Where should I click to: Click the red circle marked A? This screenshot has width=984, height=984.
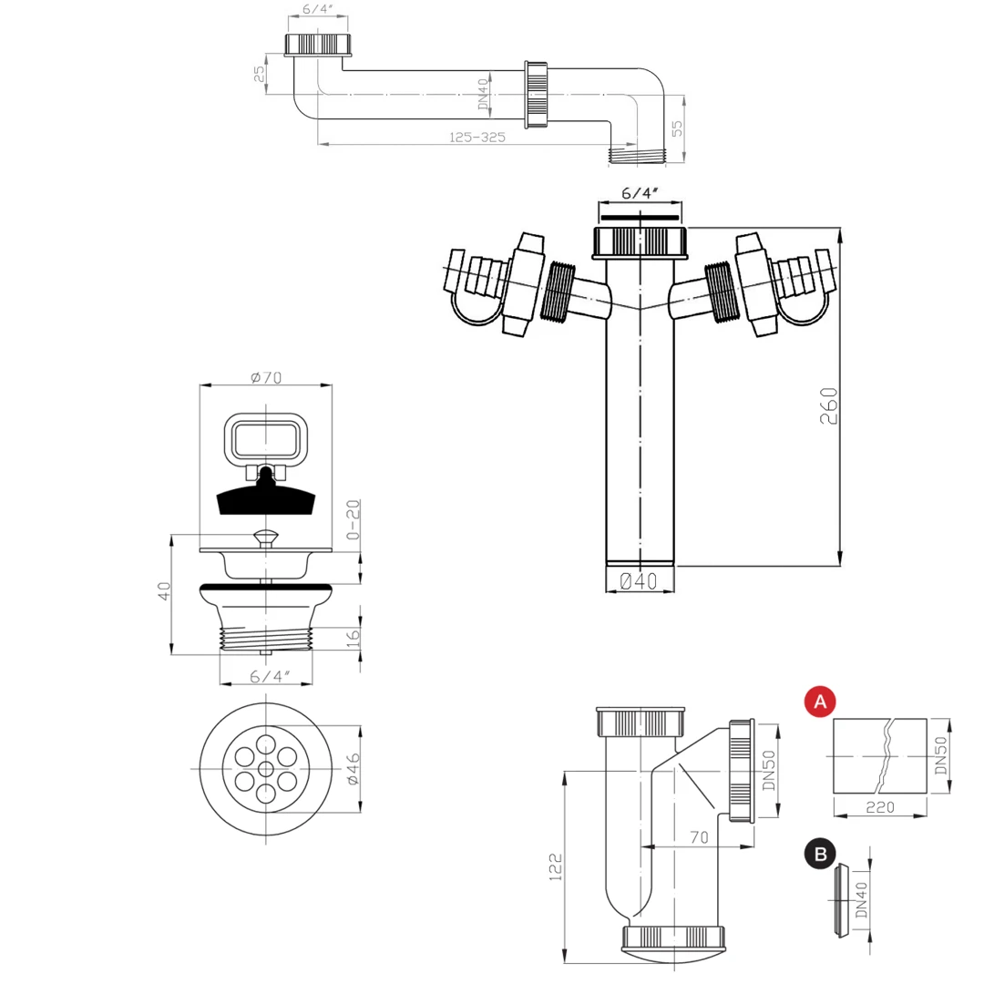[x=820, y=702]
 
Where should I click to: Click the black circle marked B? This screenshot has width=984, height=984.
[x=820, y=854]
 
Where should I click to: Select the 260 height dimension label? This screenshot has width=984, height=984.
[x=828, y=406]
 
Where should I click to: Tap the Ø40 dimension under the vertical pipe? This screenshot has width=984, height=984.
[x=638, y=581]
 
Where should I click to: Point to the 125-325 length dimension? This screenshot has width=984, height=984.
[x=477, y=137]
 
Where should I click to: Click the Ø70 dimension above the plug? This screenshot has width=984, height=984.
[x=266, y=377]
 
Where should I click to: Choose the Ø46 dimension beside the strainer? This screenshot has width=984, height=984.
[x=354, y=769]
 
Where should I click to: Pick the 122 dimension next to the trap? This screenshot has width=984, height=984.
[x=556, y=866]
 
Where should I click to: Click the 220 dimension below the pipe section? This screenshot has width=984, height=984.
[x=880, y=807]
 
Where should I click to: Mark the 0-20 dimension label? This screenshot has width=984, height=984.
[x=354, y=519]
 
